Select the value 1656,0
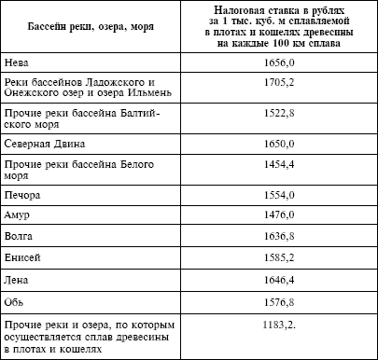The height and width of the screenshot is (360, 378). [x=286, y=65]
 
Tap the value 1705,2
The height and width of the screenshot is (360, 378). [x=286, y=83]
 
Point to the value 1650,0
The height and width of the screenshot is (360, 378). [x=286, y=145]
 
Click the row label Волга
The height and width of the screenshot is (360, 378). [x=21, y=237]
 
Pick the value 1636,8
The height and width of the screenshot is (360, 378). [x=286, y=237]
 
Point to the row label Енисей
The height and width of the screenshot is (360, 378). [x=24, y=258]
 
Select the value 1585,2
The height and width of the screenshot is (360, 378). [x=286, y=258]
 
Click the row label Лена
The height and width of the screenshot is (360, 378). [x=19, y=280]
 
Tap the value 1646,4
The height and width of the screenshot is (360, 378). [x=286, y=280]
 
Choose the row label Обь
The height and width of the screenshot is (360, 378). [x=17, y=301]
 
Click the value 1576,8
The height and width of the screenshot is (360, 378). [x=286, y=301]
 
